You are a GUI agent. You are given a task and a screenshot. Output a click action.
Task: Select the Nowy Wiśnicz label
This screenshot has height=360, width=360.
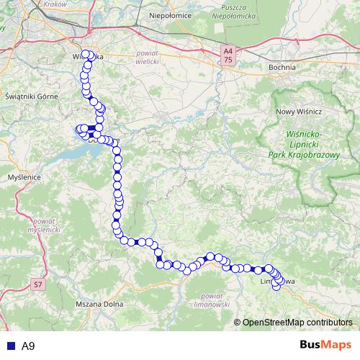point(298,112)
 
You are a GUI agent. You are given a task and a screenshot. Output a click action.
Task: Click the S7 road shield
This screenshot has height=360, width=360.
point(38,285)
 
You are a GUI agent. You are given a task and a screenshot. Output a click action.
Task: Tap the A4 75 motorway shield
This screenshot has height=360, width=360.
point(228,56)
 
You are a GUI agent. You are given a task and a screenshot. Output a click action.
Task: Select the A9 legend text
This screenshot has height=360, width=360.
point(28,346)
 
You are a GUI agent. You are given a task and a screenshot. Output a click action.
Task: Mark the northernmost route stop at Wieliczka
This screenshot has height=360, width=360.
point(86,54)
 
